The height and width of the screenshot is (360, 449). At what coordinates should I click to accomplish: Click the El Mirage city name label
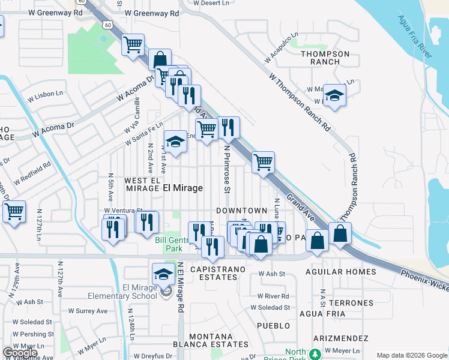coord(183,188)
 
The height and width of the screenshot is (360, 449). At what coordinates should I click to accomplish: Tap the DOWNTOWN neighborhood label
coord(241,211)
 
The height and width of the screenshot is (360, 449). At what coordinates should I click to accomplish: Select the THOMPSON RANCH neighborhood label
coord(325,58)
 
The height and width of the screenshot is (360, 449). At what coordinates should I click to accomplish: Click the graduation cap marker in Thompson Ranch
coord(334,96)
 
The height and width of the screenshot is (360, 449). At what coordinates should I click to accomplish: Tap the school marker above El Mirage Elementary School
coord(163,274)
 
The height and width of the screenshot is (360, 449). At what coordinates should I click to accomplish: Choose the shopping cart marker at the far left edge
coord(13,211)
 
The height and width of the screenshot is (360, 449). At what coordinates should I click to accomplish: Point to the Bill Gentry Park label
coord(169,244)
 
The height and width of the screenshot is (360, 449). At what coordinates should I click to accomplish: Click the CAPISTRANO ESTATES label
coord(218,274)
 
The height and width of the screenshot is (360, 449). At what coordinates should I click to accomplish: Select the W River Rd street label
coord(273,296)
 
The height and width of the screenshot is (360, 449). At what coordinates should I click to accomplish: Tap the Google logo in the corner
coord(20,353)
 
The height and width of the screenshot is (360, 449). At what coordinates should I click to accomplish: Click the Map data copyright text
coord(411,355)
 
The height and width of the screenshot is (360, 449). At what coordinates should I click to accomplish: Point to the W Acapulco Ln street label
coord(282,49)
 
